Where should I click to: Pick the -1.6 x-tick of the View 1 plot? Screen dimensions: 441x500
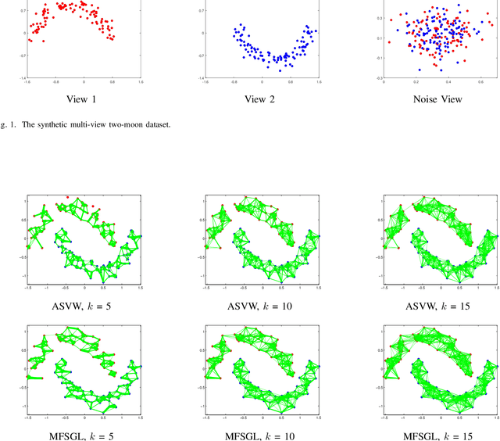[x=27, y=82]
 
